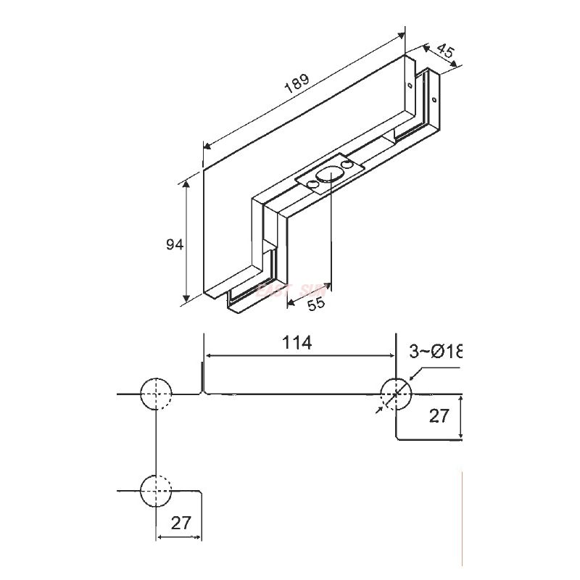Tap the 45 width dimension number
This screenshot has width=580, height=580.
pyautogui.click(x=445, y=51)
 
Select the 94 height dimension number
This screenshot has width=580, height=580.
pyautogui.click(x=174, y=245)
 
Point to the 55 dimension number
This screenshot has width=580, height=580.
pyautogui.click(x=315, y=304)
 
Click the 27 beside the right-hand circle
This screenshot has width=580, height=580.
pyautogui.click(x=439, y=415)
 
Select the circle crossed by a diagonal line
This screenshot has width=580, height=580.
pyautogui.click(x=396, y=394)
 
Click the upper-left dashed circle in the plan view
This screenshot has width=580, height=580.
pyautogui.click(x=156, y=394)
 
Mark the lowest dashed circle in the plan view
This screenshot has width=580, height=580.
pyautogui.click(x=156, y=492)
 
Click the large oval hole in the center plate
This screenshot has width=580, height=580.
pyautogui.click(x=331, y=175)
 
